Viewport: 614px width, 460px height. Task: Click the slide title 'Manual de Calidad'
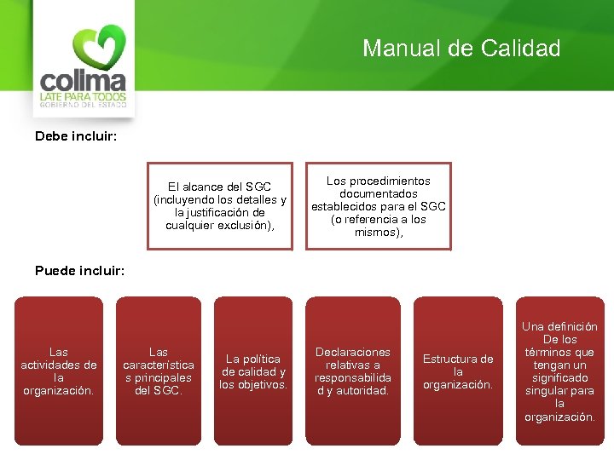point(461,49)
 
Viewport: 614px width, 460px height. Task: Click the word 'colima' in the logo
point(83,83)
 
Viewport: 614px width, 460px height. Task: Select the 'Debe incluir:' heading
point(76,135)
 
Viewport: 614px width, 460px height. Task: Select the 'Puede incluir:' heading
point(79,271)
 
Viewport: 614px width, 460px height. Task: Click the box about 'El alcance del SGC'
point(219,205)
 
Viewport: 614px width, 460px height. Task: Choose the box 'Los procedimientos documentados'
point(378,205)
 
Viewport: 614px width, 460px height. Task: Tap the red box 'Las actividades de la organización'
point(59,370)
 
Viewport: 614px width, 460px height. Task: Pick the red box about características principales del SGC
point(158,370)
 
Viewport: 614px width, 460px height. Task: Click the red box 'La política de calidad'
point(252,370)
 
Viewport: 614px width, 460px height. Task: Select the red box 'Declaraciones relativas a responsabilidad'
point(352,370)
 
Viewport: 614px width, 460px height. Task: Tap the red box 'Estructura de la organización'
point(457,370)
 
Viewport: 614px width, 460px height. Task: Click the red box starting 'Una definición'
point(559,370)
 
